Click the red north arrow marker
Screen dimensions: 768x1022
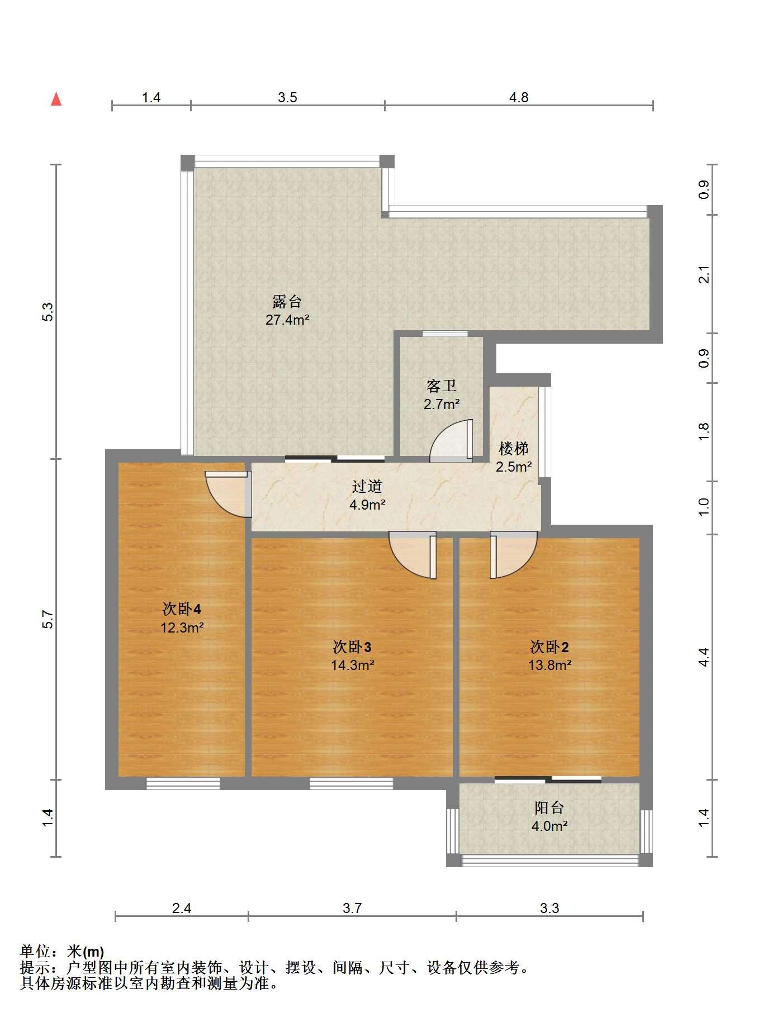tap(56, 99)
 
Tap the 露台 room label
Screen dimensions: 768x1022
tap(287, 302)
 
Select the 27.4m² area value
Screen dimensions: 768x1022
tap(287, 320)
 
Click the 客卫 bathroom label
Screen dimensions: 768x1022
tap(442, 386)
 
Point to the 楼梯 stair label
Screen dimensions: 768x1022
tap(514, 448)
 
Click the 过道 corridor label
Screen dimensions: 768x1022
tap(367, 486)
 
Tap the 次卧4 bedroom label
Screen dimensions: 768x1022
tap(182, 609)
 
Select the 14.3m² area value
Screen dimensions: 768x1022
tap(352, 666)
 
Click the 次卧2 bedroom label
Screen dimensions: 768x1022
tap(549, 647)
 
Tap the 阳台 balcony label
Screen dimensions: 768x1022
tap(549, 807)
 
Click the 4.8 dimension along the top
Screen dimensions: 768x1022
tap(519, 98)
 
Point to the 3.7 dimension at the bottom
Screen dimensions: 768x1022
tap(352, 909)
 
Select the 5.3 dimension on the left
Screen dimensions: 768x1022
tap(48, 312)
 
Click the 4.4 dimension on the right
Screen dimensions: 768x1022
tap(704, 657)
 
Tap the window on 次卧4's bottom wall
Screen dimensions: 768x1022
tap(183, 783)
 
